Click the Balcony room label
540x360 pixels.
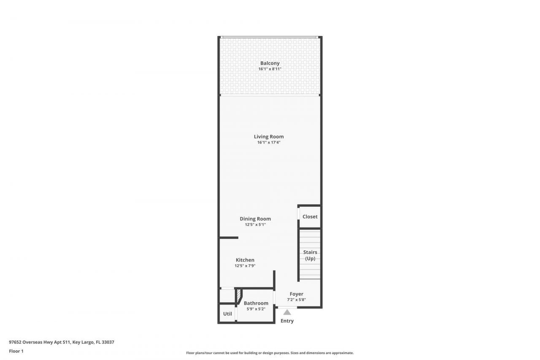(x=270, y=63)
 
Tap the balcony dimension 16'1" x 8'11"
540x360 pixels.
(x=270, y=69)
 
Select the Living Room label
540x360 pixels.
(x=269, y=137)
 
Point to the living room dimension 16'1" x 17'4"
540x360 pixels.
(x=269, y=143)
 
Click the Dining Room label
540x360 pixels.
(x=255, y=219)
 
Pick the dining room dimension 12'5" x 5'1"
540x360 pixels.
(x=255, y=225)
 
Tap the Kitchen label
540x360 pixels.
(x=245, y=260)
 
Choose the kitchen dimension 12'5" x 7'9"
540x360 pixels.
(x=245, y=266)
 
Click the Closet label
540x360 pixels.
(x=310, y=217)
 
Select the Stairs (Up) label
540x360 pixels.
(x=310, y=255)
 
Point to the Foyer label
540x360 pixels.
(x=296, y=294)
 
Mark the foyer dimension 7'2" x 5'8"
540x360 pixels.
(x=296, y=300)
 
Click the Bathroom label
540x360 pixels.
(x=256, y=303)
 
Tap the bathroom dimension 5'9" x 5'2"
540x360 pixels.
(x=256, y=309)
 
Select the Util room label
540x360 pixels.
(x=227, y=314)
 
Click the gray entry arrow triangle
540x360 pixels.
(x=287, y=312)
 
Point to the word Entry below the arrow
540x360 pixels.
(x=287, y=321)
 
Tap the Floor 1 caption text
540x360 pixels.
(x=16, y=351)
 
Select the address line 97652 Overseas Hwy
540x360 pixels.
(x=62, y=342)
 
